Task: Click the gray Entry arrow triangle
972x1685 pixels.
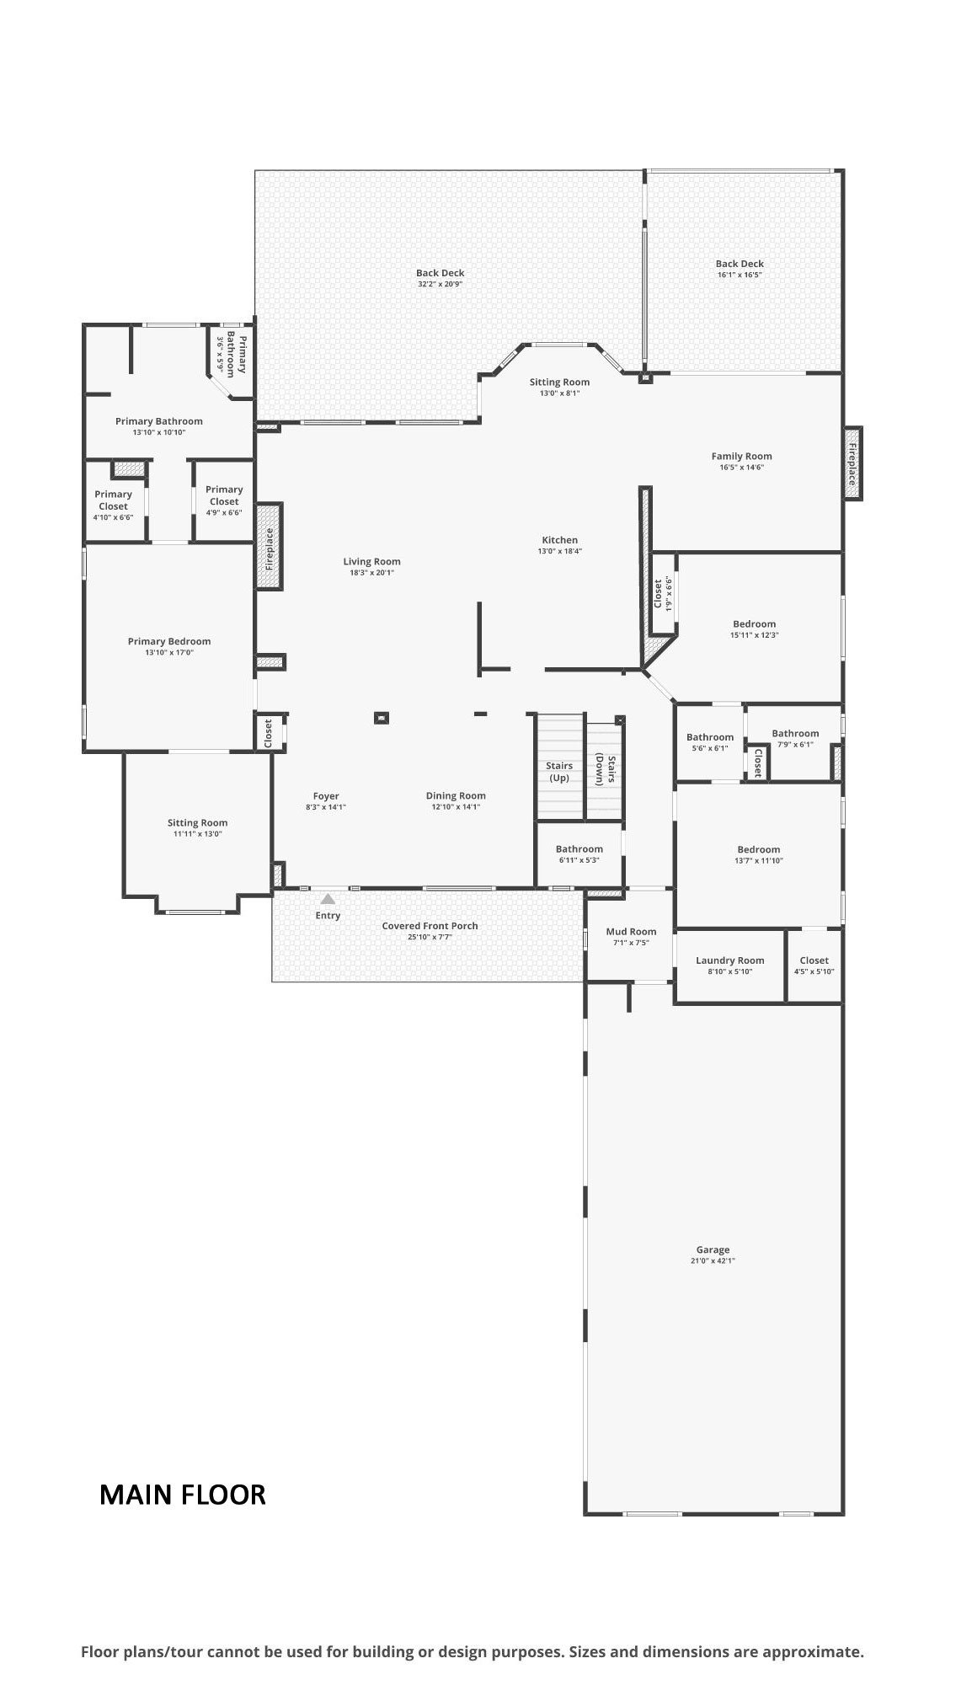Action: point(328,899)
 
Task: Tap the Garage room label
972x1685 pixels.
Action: point(713,1249)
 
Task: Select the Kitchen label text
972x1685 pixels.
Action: point(560,540)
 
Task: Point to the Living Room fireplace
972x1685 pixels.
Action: point(270,546)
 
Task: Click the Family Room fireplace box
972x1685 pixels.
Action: point(852,463)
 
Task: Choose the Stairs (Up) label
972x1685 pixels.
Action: point(559,772)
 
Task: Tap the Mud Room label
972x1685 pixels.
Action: point(631,931)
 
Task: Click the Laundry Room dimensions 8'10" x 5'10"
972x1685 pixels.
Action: point(730,971)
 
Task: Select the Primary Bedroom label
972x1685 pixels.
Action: point(169,641)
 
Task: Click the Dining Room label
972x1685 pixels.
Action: point(456,795)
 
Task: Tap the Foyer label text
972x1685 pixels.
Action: point(326,796)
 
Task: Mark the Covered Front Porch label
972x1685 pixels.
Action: point(430,926)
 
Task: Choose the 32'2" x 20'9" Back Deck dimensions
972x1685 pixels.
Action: point(441,284)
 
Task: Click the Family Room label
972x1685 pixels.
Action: point(741,456)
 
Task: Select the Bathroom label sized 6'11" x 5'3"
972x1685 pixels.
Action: point(579,849)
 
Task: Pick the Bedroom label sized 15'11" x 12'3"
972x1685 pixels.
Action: point(754,624)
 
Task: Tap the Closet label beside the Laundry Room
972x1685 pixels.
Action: point(814,960)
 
